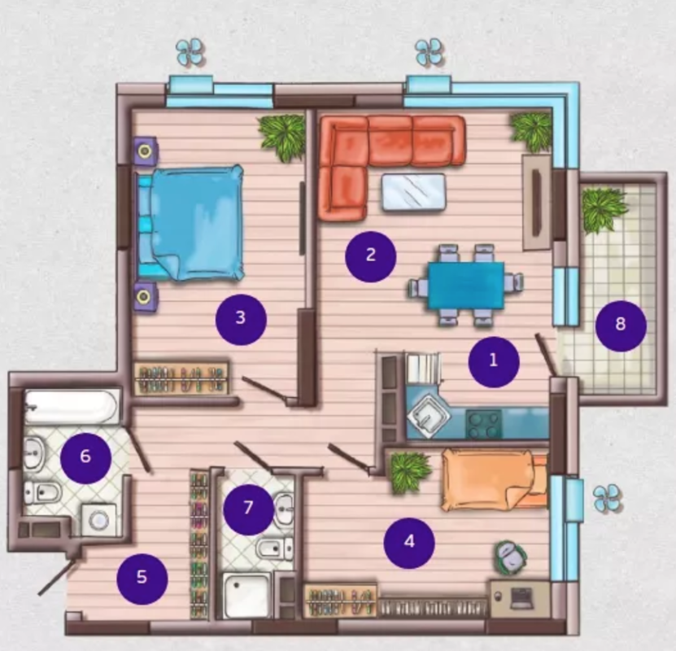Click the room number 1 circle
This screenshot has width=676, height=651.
tap(494, 361)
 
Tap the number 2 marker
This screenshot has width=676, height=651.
tap(370, 256)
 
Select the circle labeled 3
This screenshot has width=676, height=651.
tap(241, 320)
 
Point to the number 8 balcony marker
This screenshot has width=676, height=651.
tap(621, 326)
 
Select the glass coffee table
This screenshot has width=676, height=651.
tap(413, 192)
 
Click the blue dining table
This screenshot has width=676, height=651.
tap(466, 286)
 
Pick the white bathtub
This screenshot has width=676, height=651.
tap(71, 407)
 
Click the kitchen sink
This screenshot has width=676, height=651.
tap(428, 416)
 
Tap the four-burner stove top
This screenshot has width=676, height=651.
tap(484, 425)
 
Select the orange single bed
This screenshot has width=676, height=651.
tap(495, 479)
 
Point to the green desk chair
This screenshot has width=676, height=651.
tap(510, 557)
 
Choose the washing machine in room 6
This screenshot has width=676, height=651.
tap(98, 520)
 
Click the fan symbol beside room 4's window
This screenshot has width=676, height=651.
tap(607, 498)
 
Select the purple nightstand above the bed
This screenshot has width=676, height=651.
tap(145, 151)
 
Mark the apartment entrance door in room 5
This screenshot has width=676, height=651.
tap(59, 576)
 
